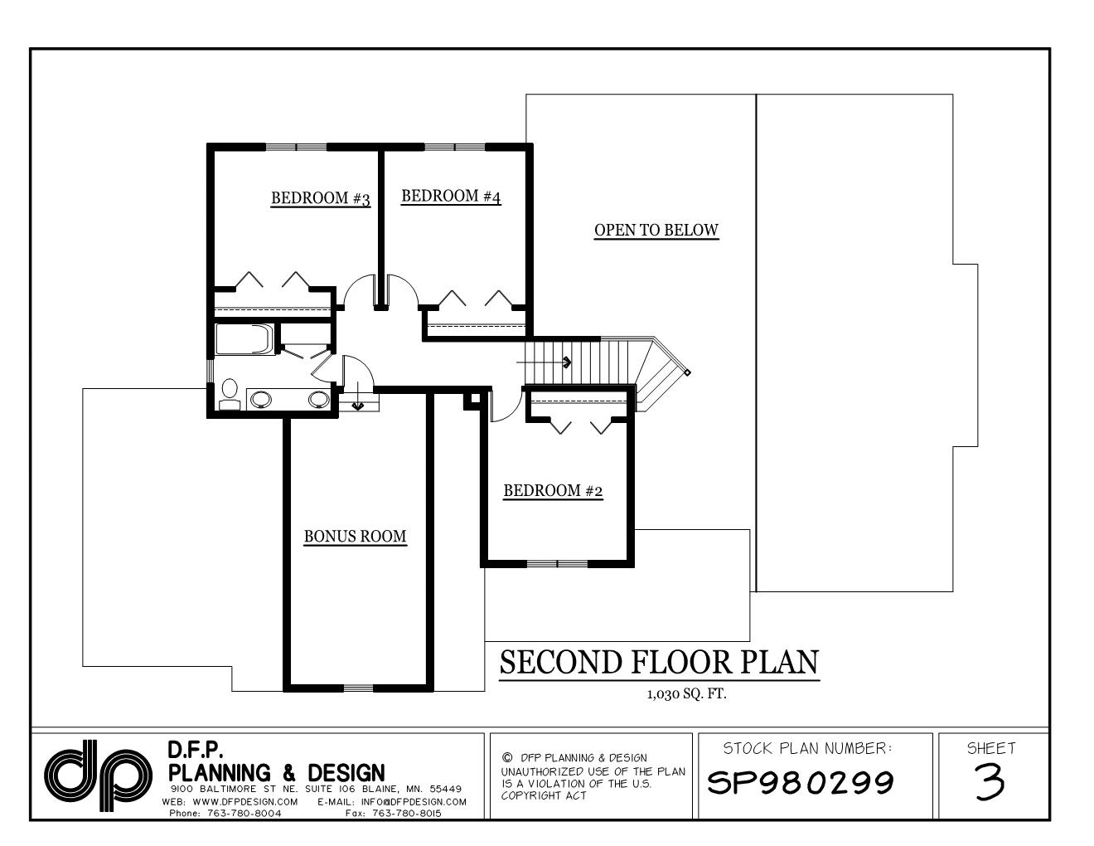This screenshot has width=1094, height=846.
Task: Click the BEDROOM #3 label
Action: (x=321, y=198)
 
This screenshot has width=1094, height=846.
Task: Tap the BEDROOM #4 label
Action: (x=451, y=197)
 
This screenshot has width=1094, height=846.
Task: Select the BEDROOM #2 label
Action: (x=553, y=491)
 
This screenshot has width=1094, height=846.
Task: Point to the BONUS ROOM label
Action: (x=355, y=537)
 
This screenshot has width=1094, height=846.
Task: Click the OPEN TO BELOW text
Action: (x=656, y=231)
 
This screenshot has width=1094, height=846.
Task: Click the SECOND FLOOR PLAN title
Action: (x=659, y=663)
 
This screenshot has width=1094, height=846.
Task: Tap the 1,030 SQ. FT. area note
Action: (x=686, y=694)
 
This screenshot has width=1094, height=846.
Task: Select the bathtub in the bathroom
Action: (x=244, y=340)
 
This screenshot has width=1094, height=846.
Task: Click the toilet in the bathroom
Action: (x=230, y=393)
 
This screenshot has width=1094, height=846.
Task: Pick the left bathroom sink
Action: (x=260, y=400)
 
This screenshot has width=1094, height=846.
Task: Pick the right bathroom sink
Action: (x=318, y=400)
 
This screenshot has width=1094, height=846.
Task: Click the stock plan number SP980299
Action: (x=801, y=781)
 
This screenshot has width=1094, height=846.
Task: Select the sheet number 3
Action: (x=990, y=781)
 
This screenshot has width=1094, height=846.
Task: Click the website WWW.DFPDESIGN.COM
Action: (x=241, y=802)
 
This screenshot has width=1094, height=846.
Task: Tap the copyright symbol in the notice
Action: (x=507, y=757)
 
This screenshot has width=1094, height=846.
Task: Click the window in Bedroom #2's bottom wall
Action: (x=557, y=564)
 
